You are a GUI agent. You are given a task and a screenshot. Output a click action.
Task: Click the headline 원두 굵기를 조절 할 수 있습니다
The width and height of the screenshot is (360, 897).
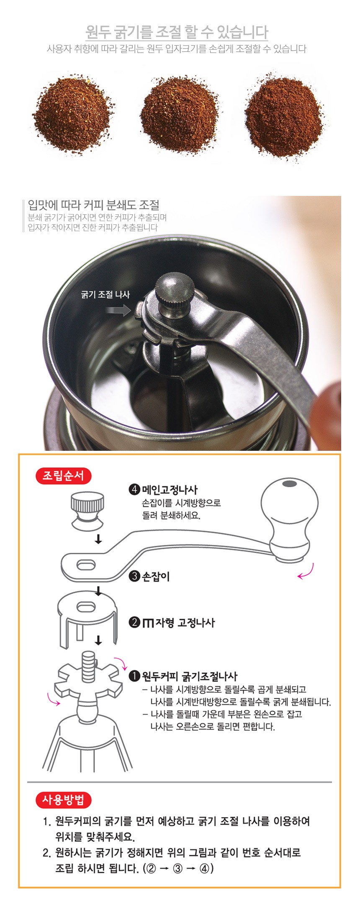tap(177, 32)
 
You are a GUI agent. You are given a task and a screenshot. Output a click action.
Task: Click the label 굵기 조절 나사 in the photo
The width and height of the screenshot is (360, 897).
tap(105, 295)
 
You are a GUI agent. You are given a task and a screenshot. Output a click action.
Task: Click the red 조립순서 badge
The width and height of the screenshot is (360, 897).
tap(63, 476)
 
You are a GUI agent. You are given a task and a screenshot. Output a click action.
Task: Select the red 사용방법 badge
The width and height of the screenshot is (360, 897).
tap(63, 800)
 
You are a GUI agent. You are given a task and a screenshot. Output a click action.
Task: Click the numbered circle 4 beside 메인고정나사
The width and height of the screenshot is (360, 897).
tap(134, 489)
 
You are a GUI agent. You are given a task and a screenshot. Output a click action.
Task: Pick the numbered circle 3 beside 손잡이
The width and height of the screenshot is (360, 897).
tap(134, 576)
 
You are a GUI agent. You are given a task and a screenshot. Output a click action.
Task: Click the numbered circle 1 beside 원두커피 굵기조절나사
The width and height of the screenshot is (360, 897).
tap(134, 676)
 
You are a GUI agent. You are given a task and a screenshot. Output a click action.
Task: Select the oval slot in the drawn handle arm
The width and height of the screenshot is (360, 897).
tap(86, 565)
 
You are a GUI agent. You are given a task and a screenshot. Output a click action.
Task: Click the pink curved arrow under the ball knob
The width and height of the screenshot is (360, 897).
tap(306, 572)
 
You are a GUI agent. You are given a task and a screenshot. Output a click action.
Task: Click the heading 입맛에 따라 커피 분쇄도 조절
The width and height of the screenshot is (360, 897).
tap(93, 205)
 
